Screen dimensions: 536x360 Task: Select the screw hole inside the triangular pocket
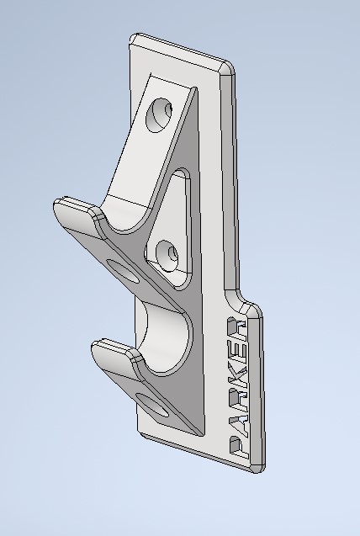coord(169,253)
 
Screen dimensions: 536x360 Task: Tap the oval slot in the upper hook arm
coord(123,271)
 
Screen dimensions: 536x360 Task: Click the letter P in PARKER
coord(238,447)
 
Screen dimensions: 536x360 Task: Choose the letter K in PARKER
coord(237,376)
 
